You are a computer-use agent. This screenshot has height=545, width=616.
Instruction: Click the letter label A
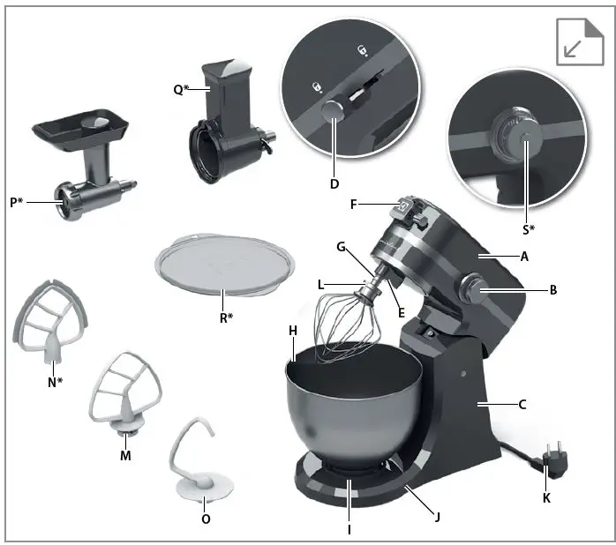(x=525, y=257)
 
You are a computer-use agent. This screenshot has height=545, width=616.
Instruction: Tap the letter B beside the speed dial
(x=553, y=288)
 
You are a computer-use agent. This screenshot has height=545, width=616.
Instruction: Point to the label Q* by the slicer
(x=179, y=89)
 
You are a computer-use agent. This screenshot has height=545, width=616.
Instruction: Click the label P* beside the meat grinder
(x=18, y=202)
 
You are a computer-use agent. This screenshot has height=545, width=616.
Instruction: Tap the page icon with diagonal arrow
(x=579, y=42)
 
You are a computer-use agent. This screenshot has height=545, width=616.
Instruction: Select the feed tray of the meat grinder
(x=80, y=130)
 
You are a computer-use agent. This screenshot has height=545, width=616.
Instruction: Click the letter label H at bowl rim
(x=293, y=329)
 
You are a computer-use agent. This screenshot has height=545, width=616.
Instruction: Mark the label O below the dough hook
(x=206, y=519)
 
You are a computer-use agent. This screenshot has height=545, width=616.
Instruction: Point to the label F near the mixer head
(x=354, y=204)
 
